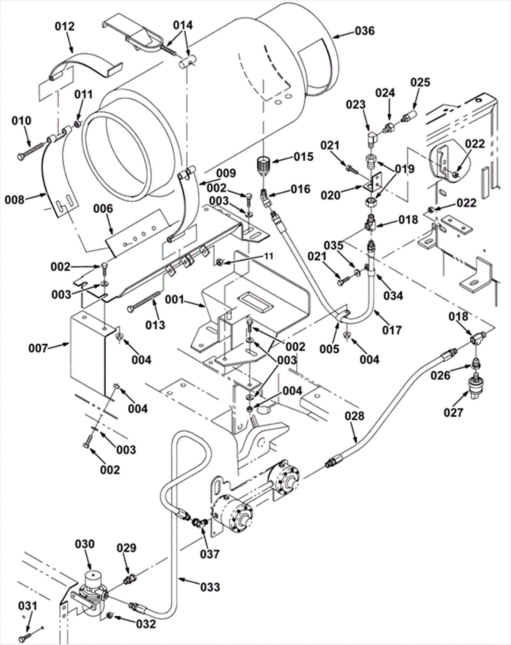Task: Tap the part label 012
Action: coord(65,26)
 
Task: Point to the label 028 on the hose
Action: coord(355,416)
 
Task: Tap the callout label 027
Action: coord(453,413)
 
